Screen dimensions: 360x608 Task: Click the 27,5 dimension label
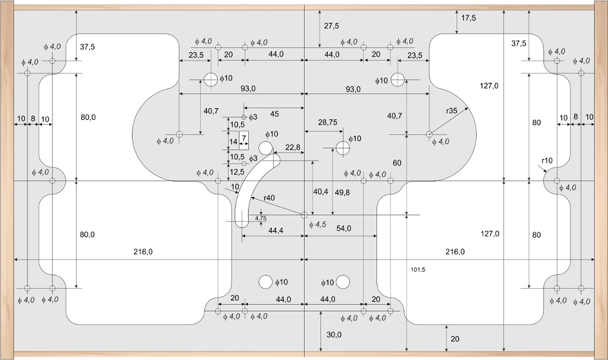tap(332, 26)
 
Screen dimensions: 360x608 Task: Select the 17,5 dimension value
tap(468, 18)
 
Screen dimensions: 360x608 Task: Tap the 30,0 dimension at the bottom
tap(334, 334)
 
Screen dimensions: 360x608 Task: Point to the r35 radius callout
tap(452, 111)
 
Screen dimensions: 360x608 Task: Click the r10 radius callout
tap(547, 161)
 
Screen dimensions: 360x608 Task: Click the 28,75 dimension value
tap(328, 122)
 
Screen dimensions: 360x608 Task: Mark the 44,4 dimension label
tap(275, 230)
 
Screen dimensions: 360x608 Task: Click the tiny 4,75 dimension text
tap(261, 218)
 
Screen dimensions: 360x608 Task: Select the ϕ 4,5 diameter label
tap(317, 225)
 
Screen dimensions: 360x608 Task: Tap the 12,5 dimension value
tap(237, 172)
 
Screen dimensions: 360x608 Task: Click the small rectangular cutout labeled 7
tap(244, 140)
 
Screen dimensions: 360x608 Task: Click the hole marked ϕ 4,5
tap(304, 215)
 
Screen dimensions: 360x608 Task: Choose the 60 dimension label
tap(397, 163)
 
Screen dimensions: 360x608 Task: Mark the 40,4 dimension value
tap(320, 192)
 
